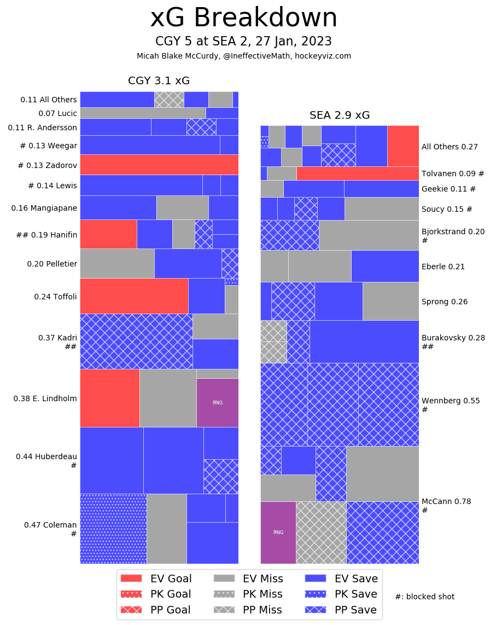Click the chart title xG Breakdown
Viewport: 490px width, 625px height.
click(244, 18)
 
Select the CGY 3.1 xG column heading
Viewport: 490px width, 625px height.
click(159, 81)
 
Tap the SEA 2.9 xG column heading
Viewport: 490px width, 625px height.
click(340, 115)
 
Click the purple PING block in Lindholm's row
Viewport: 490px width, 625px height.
click(217, 402)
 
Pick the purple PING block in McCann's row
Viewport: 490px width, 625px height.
click(278, 532)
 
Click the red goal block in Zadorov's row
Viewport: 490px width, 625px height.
click(159, 165)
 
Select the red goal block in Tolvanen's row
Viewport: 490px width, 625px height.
click(357, 173)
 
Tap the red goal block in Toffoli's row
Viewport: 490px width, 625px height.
click(134, 296)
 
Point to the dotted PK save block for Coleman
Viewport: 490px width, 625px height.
click(113, 528)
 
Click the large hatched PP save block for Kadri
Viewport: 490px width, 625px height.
click(136, 341)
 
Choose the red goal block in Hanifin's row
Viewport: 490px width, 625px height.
click(108, 234)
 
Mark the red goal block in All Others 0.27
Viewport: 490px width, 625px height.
click(402, 146)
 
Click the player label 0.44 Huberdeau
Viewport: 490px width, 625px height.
click(46, 456)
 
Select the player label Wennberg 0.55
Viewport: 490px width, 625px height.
click(451, 401)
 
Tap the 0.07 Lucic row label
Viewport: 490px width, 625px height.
click(57, 113)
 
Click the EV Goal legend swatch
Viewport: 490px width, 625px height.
click(131, 578)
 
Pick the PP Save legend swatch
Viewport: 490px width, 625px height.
click(316, 610)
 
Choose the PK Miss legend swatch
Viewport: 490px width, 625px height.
click(223, 594)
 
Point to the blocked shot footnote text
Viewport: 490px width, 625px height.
click(424, 597)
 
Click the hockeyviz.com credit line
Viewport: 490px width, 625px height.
click(244, 56)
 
